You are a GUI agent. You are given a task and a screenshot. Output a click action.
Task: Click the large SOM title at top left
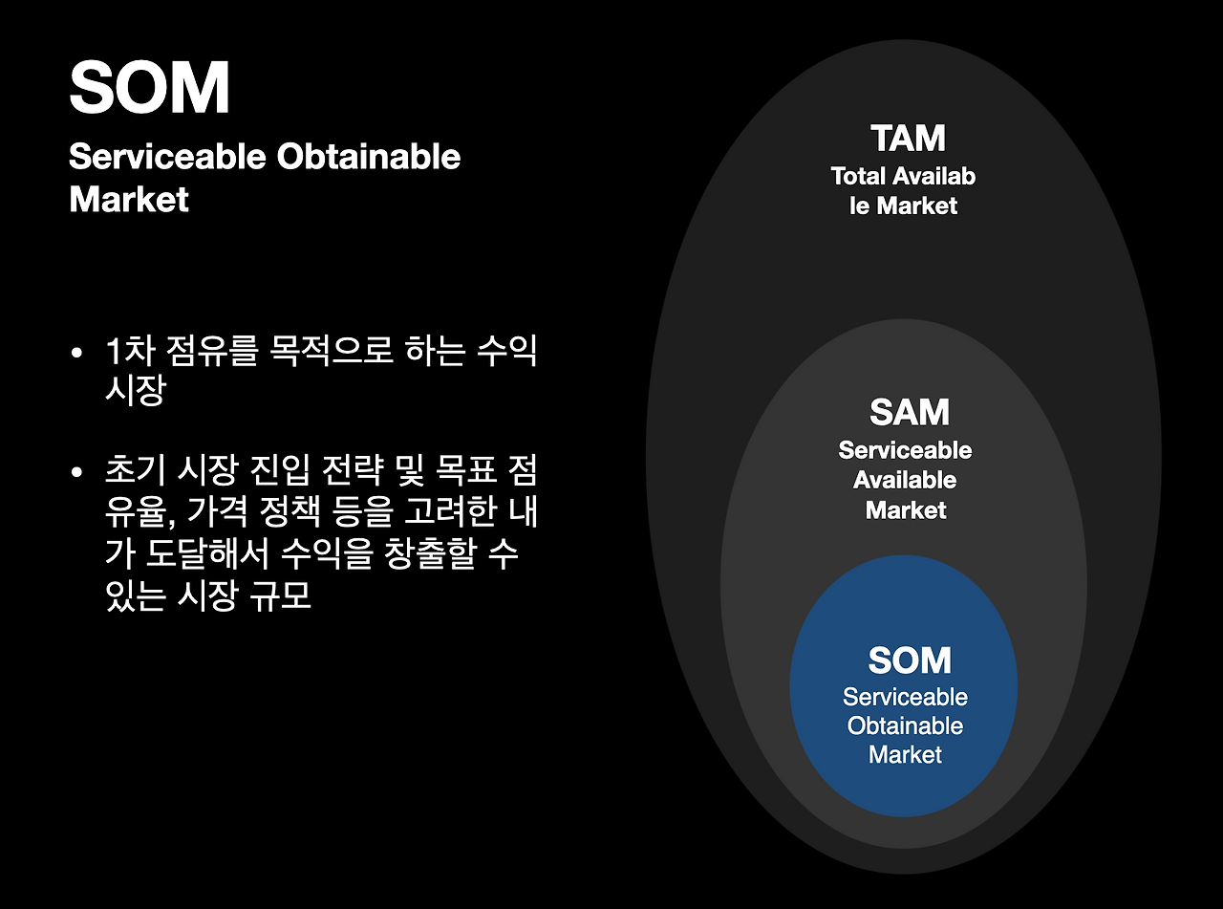point(149,88)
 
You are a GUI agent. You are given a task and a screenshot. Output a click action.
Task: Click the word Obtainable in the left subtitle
point(369,157)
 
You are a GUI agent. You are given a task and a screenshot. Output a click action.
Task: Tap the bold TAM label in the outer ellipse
point(908,139)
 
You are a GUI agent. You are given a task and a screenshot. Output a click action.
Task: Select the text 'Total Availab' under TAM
point(903,176)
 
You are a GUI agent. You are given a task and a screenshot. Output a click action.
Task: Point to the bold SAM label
point(909,413)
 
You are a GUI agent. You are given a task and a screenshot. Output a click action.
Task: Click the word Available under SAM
point(905,480)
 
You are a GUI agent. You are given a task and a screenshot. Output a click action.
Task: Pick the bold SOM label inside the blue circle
point(909,660)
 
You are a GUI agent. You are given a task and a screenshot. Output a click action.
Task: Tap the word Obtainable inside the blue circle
point(905,725)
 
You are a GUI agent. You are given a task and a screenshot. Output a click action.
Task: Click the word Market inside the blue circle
point(905,754)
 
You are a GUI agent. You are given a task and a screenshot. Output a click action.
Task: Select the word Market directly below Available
point(905,509)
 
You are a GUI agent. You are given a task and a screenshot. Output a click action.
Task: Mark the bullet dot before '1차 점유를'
point(77,354)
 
